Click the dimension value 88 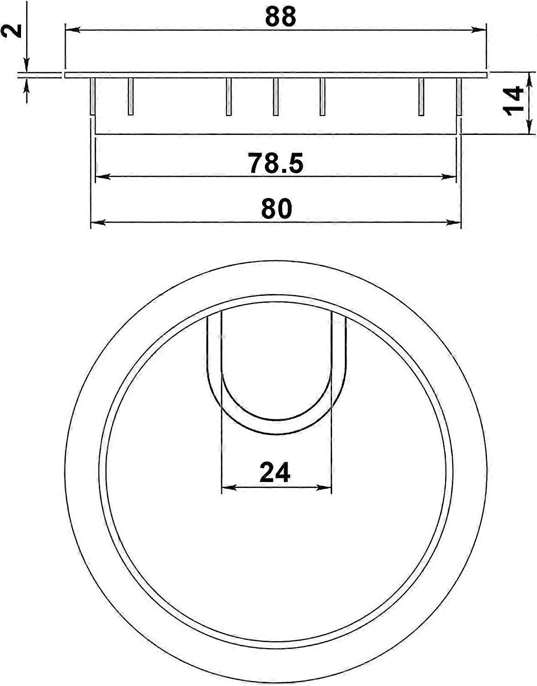tap(280, 17)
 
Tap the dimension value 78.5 tap(276, 163)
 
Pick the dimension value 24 tap(275, 472)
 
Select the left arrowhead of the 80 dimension tap(98, 223)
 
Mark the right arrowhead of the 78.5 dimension tap(450, 177)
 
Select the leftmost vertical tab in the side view tap(92, 96)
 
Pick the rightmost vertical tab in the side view tap(459, 96)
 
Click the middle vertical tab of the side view tap(275, 96)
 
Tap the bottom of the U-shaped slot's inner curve tap(276, 420)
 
